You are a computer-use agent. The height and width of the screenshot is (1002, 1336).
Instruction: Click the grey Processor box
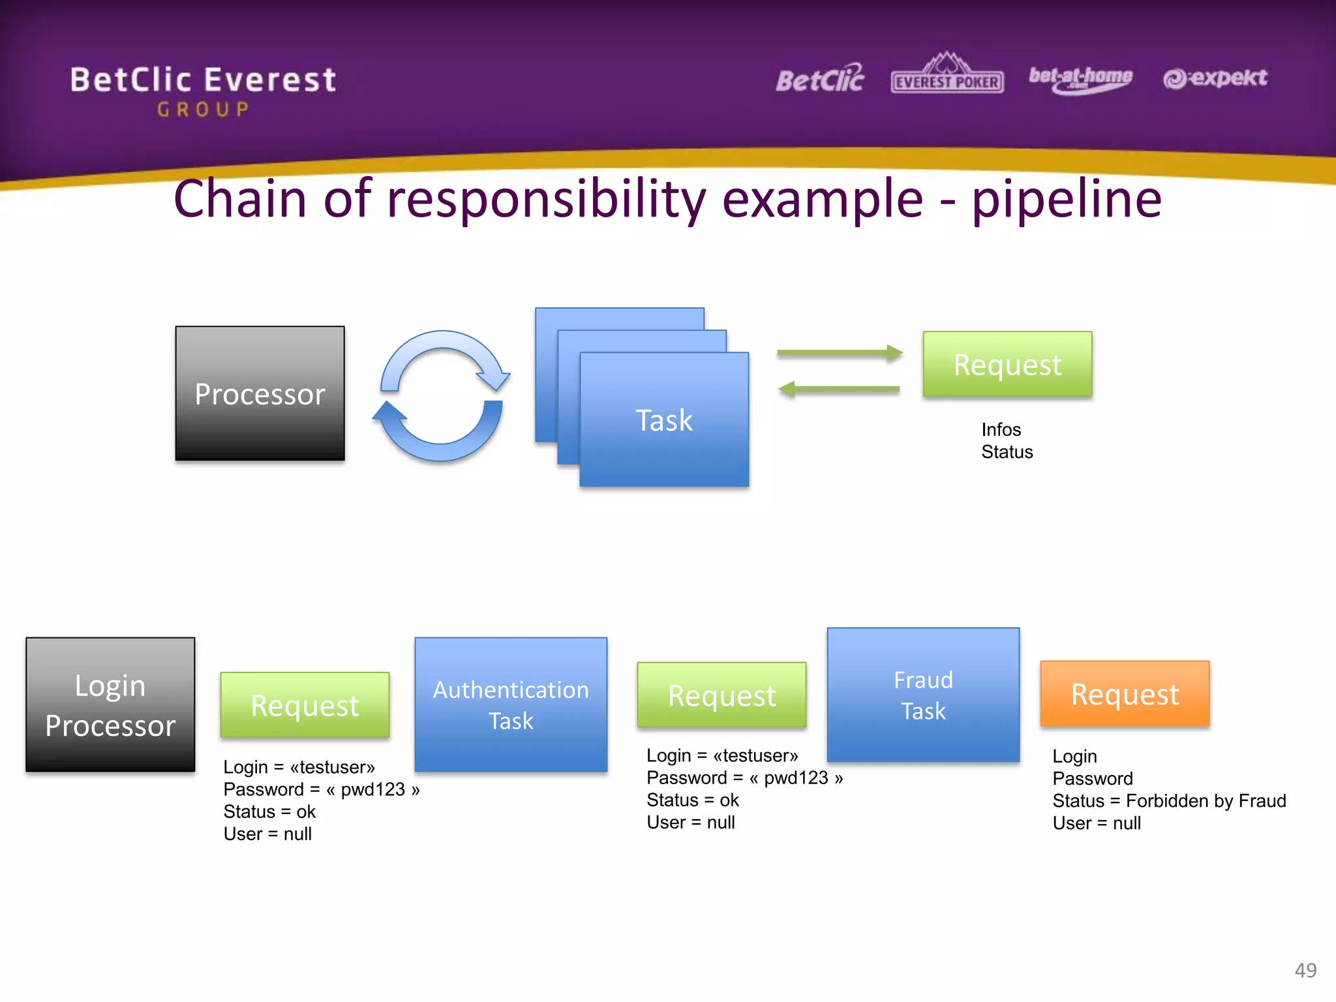[x=260, y=393]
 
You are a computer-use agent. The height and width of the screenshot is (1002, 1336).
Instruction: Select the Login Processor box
[x=110, y=705]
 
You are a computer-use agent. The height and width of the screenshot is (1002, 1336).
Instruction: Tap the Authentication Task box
[x=511, y=705]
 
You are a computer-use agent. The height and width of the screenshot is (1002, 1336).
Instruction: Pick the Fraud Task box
[x=923, y=695]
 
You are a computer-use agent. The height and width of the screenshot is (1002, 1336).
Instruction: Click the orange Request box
[x=1125, y=693]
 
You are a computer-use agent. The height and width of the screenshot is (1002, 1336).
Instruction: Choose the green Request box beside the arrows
[x=1007, y=364]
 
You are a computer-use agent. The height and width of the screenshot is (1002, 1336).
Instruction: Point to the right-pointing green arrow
[x=840, y=353]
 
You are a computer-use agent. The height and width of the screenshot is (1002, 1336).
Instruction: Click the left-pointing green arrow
[x=840, y=389]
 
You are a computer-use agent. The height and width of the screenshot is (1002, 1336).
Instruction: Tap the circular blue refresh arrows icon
[x=442, y=396]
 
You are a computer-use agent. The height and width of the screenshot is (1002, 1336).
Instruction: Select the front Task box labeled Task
[x=664, y=419]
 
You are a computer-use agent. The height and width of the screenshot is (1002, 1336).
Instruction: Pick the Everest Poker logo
[x=947, y=75]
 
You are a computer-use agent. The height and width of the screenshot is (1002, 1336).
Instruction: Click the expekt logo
[x=1215, y=78]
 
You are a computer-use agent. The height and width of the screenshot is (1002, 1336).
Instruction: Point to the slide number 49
[x=1305, y=970]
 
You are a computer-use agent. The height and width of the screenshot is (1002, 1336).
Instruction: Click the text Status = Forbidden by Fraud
[x=1169, y=800]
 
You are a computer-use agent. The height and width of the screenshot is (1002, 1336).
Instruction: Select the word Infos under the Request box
[x=1001, y=429]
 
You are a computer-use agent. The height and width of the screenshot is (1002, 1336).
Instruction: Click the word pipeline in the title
[x=1067, y=199]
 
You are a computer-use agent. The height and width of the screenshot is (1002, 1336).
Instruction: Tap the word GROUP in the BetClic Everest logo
[x=203, y=110]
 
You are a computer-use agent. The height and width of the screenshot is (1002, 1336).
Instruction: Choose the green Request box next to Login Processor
[x=305, y=705]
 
